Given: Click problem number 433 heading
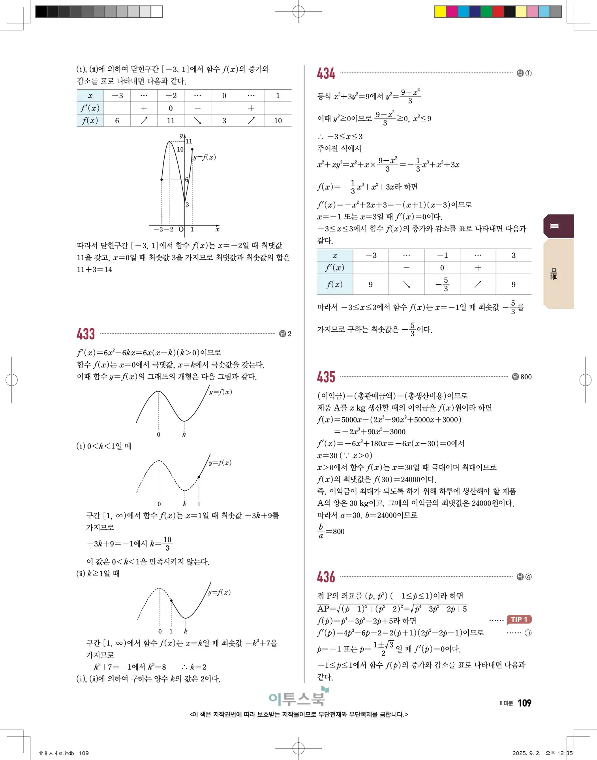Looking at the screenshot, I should (86, 334).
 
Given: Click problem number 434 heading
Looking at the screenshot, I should (326, 73).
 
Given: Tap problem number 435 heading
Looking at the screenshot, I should (326, 377).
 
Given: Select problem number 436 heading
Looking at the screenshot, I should (326, 577).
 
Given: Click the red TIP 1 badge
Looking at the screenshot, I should (519, 619).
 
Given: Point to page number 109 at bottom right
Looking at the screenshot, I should (524, 703).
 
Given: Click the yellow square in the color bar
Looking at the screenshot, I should (440, 11).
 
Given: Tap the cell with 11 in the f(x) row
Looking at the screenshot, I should (171, 120).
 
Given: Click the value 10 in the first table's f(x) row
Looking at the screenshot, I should (278, 120).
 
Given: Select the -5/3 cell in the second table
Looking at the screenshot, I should (442, 284).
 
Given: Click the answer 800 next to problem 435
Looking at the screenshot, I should (526, 377).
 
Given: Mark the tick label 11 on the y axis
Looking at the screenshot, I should (189, 141).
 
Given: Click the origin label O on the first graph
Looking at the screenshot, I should (181, 229).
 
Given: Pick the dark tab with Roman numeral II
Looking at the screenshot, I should (558, 226).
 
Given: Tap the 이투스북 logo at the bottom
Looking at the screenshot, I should (298, 698).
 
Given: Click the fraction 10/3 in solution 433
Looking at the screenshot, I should (167, 543).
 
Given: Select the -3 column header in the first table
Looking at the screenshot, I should (117, 96).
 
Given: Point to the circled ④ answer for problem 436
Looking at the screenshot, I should (528, 577).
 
